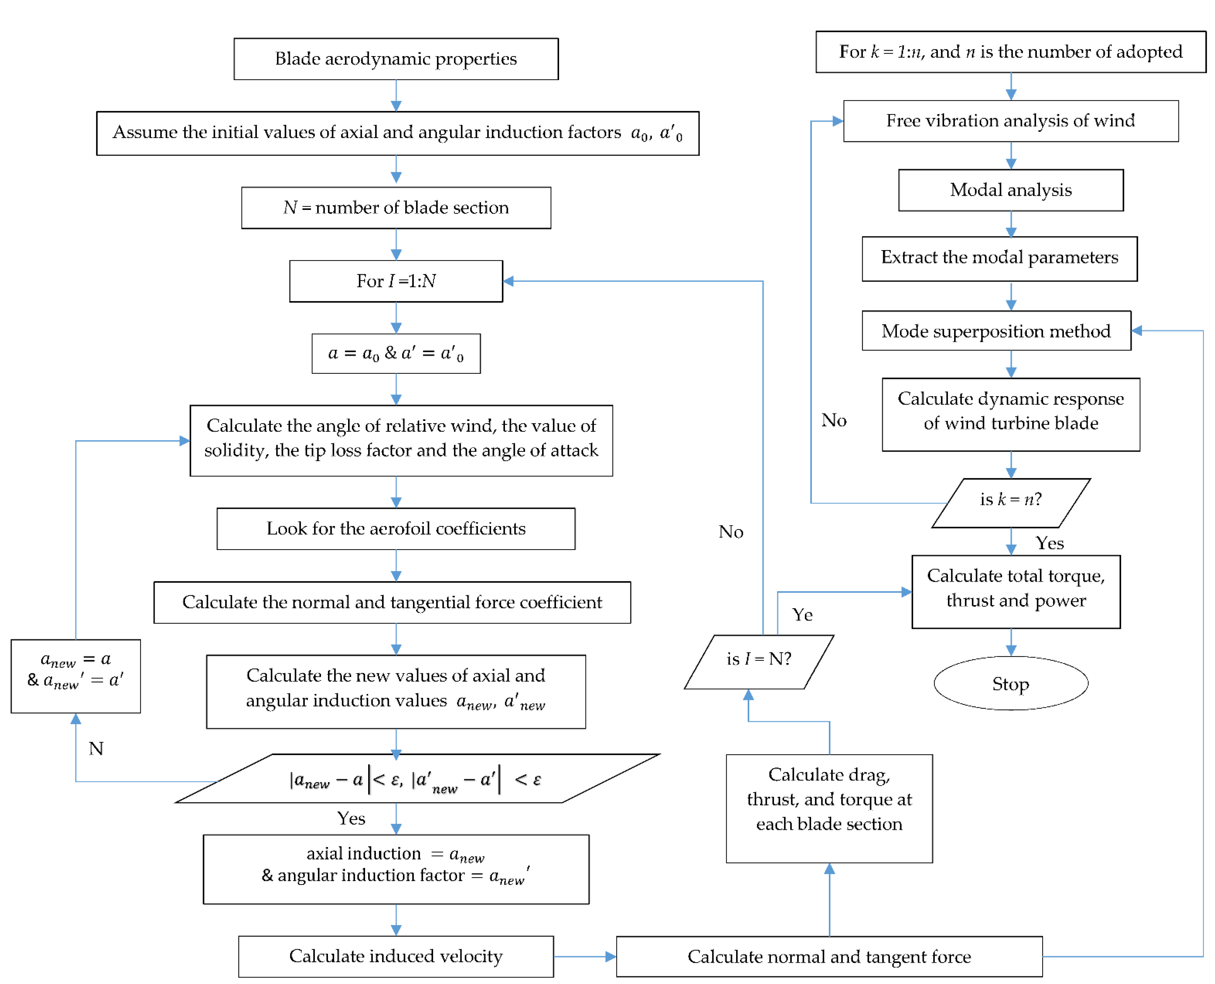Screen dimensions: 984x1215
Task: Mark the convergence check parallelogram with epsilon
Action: coord(417,779)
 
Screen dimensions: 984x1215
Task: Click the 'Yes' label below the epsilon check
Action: coord(351,818)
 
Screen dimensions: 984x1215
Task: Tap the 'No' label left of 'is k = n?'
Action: coord(834,420)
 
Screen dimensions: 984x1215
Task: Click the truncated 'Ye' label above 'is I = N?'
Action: coord(802,614)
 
